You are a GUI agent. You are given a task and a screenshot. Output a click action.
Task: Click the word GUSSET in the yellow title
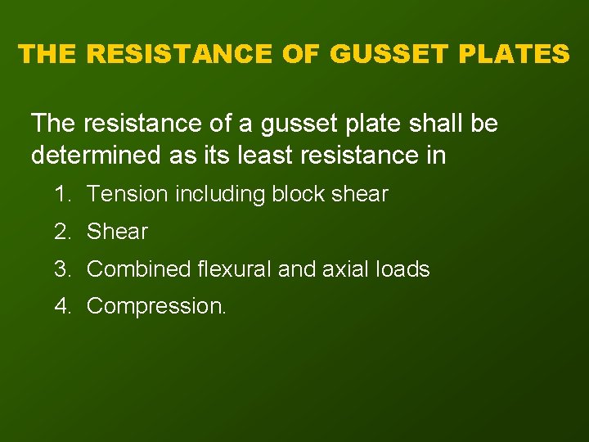tap(383, 54)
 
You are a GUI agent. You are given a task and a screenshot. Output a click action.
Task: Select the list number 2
tap(61, 232)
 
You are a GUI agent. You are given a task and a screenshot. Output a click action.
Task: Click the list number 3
tap(61, 268)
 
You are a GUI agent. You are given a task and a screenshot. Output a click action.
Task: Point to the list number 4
tap(61, 306)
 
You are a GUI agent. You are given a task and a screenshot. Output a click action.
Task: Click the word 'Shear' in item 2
tap(117, 232)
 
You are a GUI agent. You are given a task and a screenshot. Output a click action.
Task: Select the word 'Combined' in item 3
tap(137, 268)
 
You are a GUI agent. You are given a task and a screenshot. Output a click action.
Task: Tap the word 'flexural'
tap(233, 268)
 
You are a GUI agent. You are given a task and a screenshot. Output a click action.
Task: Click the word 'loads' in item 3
tap(404, 268)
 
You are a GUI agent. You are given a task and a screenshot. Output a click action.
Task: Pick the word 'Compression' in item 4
tap(154, 307)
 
